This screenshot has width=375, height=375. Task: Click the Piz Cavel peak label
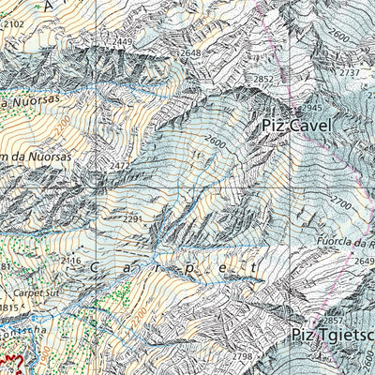pos(295,124)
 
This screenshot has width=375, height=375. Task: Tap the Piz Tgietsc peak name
pos(332,335)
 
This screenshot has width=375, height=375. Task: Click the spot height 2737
pos(350,72)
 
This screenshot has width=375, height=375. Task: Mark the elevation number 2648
pos(192,53)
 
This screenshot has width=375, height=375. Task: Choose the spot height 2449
pos(122,41)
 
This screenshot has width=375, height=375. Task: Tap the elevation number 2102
pos(13,25)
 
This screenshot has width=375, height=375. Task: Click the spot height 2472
pos(120,166)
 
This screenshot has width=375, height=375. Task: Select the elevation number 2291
pos(132,219)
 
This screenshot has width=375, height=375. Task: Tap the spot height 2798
pos(243,357)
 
